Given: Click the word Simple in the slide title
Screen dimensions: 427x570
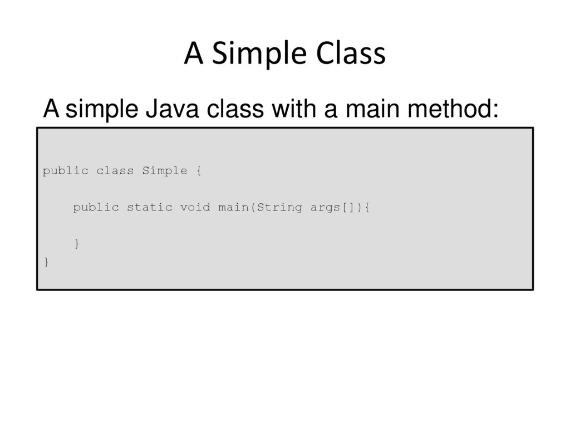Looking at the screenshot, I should [x=259, y=55].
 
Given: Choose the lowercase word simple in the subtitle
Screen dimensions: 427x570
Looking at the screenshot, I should [x=102, y=110].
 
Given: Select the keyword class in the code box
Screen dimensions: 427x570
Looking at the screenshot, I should [x=115, y=171].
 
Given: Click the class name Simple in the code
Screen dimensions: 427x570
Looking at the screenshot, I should [x=164, y=171].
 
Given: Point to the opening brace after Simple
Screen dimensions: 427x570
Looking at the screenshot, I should [x=199, y=171].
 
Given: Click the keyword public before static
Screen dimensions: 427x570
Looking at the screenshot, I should [x=96, y=208].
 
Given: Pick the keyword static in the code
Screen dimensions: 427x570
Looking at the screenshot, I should [x=149, y=208].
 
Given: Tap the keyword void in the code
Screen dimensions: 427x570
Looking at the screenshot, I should [x=195, y=208].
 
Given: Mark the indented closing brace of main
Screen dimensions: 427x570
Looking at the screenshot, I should [x=76, y=244].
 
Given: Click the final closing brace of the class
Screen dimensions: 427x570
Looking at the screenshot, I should [x=46, y=262].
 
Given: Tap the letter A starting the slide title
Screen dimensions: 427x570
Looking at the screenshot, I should [x=193, y=55].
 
